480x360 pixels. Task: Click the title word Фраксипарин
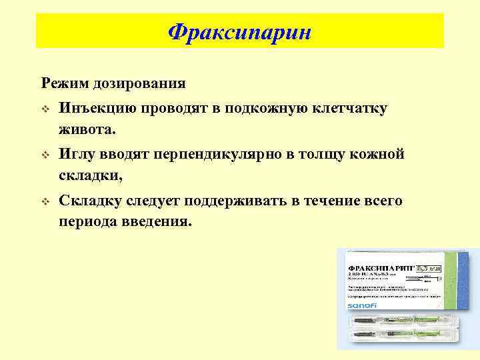[240, 32]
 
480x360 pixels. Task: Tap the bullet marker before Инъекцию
[45, 108]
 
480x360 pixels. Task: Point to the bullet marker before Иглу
[45, 155]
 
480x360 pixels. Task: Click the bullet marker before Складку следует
[45, 202]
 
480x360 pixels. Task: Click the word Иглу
[78, 155]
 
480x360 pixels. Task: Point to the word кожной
[377, 155]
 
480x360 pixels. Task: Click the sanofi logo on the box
[363, 305]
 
